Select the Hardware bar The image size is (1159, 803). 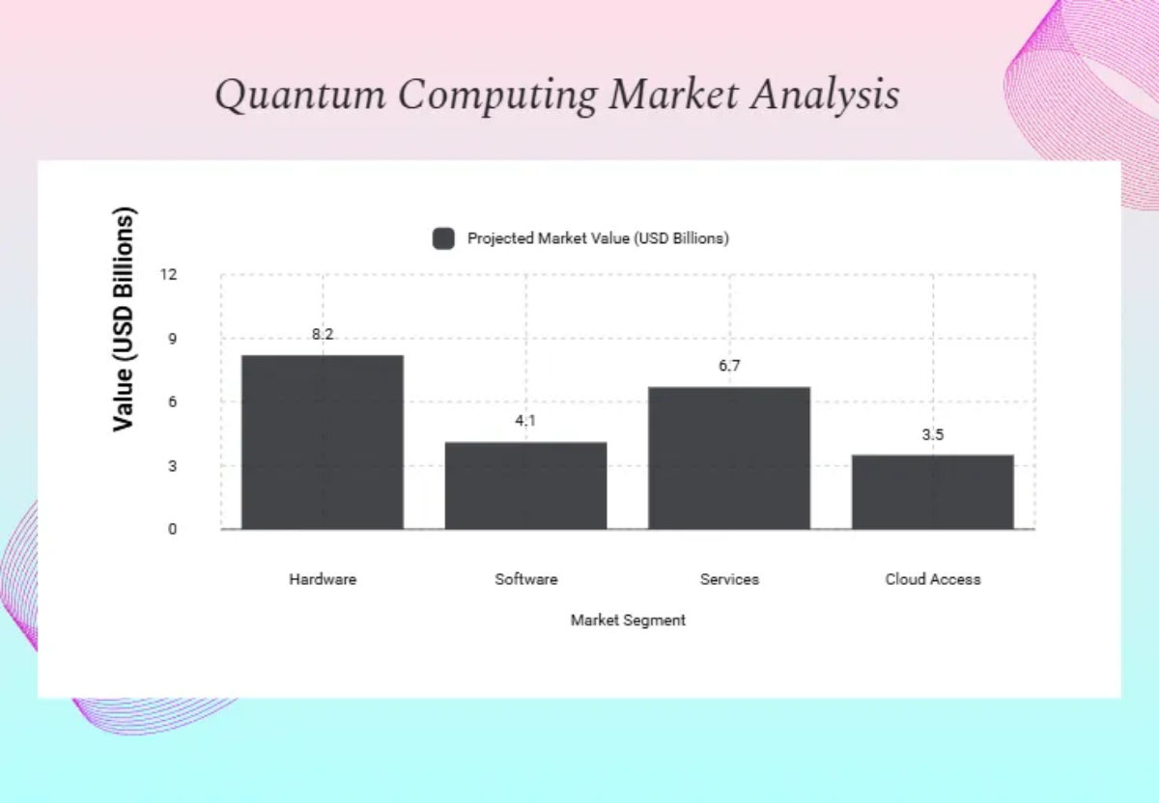(323, 442)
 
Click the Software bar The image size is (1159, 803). (525, 485)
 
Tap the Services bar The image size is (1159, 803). (729, 458)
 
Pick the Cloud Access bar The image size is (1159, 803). (933, 492)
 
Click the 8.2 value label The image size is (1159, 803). (323, 334)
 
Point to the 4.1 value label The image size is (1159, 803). (525, 421)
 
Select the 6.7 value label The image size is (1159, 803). (729, 366)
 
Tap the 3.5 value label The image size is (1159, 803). (933, 435)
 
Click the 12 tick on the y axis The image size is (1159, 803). (169, 274)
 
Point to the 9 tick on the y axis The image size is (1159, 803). (172, 339)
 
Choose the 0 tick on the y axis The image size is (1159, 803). (172, 529)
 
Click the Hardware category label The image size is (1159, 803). (323, 579)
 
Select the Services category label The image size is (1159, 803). (729, 579)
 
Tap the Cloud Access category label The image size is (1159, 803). (933, 579)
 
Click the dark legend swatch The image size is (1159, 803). (443, 238)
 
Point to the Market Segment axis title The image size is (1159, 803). (628, 620)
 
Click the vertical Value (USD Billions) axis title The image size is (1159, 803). (124, 319)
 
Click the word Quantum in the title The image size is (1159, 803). (300, 96)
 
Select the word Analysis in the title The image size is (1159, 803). (825, 96)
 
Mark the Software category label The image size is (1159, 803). (526, 579)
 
